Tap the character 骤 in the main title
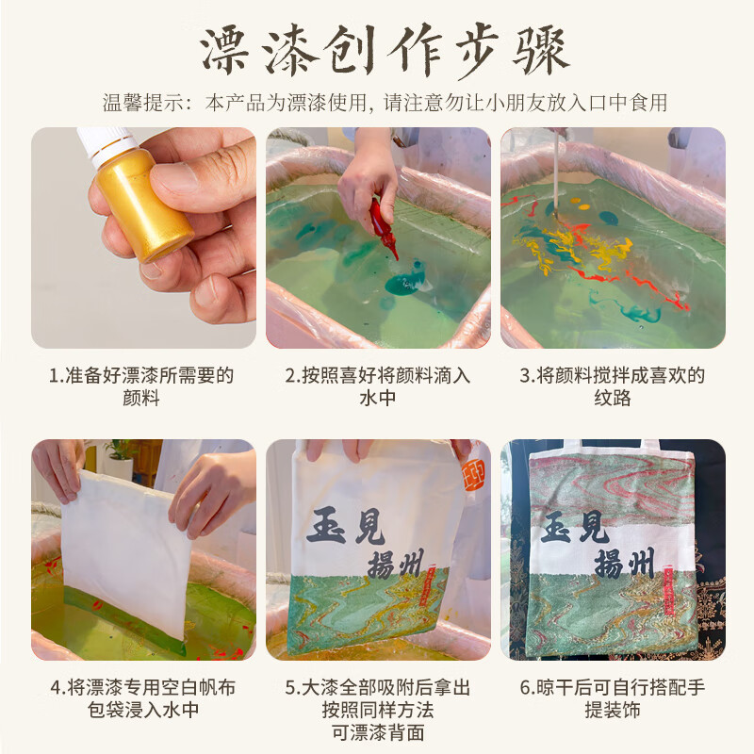coord(536,54)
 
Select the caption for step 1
coord(142,386)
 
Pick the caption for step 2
coord(378,386)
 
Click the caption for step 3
coord(613,386)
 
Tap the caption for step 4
coord(142,698)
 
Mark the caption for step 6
coord(613,698)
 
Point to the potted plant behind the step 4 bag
coord(118,457)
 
